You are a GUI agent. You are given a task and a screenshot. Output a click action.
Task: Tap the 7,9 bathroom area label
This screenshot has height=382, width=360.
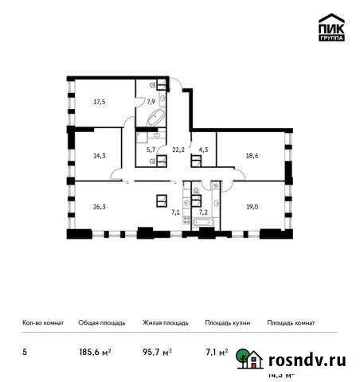pyautogui.click(x=150, y=101)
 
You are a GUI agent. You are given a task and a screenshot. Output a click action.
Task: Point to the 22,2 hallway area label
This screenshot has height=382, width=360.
pyautogui.click(x=177, y=147)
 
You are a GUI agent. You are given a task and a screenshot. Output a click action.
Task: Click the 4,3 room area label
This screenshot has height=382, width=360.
pyautogui.click(x=203, y=147)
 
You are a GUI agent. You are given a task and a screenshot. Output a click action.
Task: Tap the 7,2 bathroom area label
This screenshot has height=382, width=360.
pyautogui.click(x=202, y=212)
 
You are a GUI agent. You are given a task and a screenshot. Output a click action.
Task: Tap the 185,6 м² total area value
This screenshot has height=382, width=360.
pyautogui.click(x=92, y=350)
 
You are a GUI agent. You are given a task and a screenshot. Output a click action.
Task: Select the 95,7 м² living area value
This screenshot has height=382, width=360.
pyautogui.click(x=156, y=350)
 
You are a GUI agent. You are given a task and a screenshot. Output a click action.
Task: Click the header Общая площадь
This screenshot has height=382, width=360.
pyautogui.click(x=101, y=323)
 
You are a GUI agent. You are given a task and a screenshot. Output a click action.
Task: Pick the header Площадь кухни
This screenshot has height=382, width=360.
pyautogui.click(x=228, y=323)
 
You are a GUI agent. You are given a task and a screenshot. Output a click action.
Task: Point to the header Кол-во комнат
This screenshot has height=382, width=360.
pyautogui.click(x=43, y=323)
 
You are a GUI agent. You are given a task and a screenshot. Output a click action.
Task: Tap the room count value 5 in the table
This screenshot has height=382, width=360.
pyautogui.click(x=23, y=350)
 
